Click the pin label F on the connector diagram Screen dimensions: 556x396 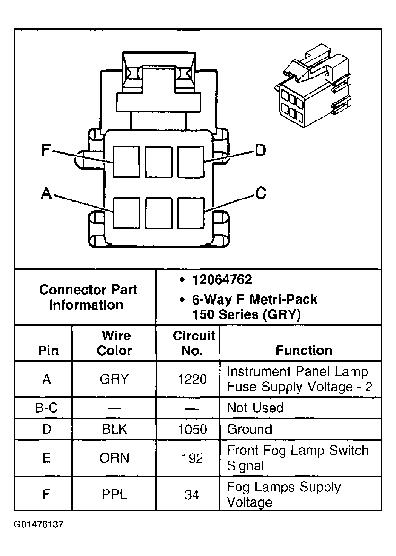[46, 150]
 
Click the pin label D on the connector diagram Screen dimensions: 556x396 [260, 150]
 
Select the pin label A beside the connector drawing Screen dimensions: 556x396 [46, 193]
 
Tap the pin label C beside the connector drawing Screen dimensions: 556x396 [260, 193]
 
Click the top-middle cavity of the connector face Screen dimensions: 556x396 [159, 162]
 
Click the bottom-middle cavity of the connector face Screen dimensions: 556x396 [159, 213]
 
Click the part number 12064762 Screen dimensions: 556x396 [222, 280]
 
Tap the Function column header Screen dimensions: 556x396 [304, 350]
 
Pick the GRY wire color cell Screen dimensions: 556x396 [114, 379]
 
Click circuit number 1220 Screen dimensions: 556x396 [192, 379]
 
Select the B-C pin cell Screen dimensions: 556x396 [46, 408]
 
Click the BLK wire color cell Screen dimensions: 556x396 [114, 429]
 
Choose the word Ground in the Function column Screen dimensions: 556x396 [250, 429]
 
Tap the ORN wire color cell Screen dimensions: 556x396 [114, 458]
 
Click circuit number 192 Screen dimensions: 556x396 [192, 458]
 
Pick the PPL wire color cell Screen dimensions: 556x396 [114, 494]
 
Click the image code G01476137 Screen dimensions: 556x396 [39, 525]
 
